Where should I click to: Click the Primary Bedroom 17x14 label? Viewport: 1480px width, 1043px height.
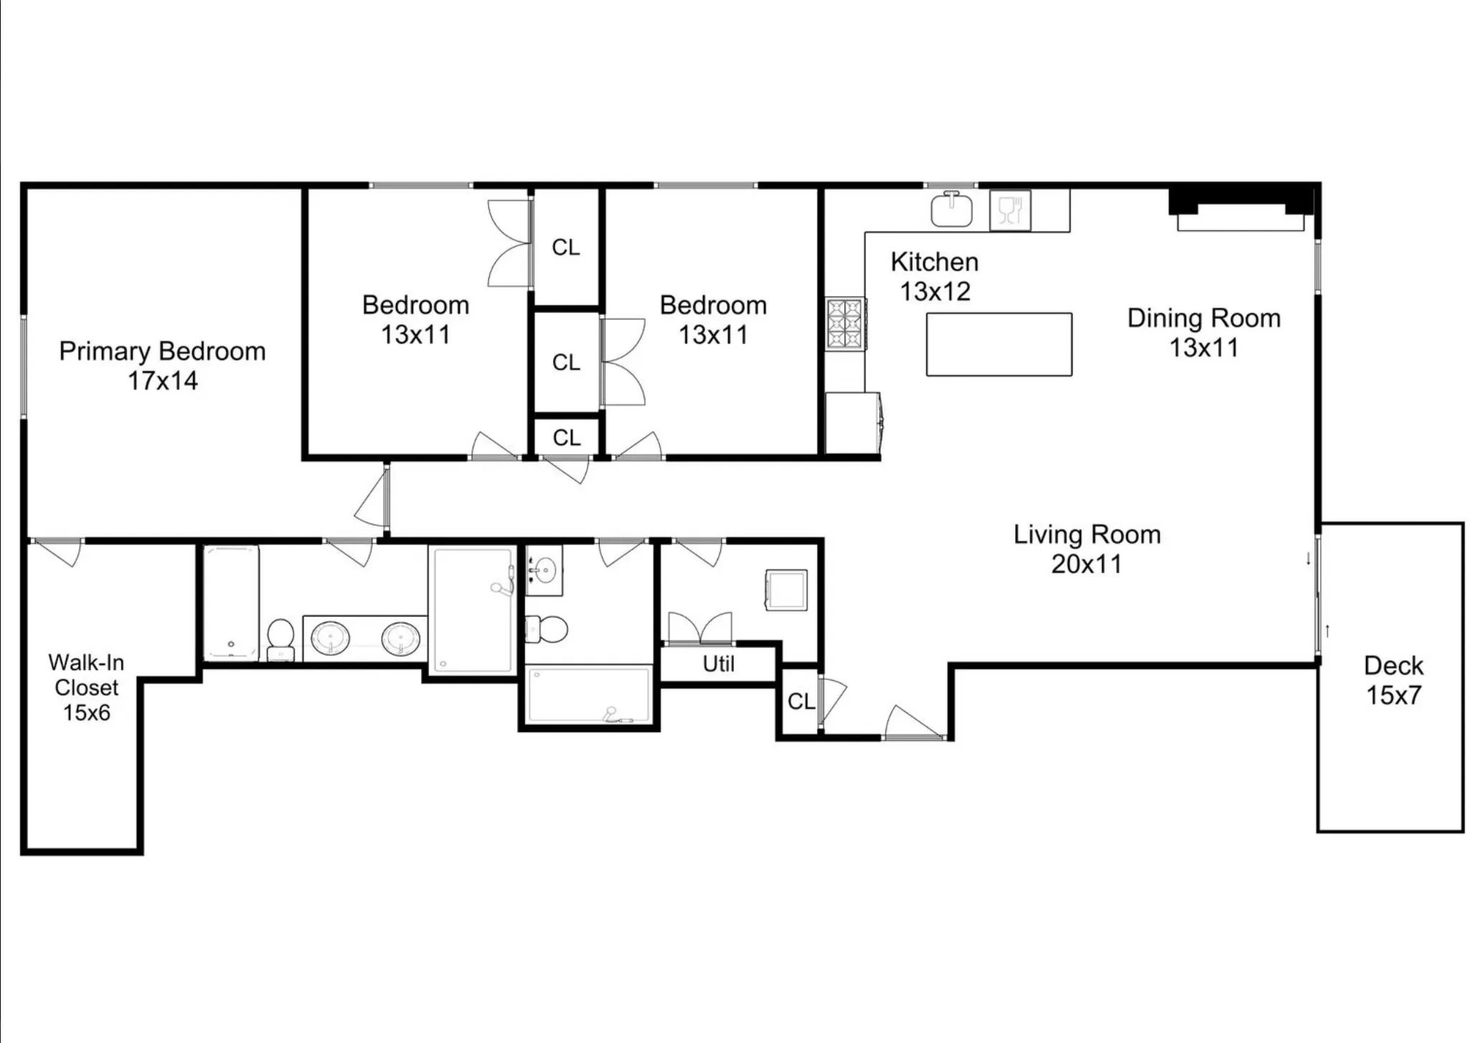coord(162,366)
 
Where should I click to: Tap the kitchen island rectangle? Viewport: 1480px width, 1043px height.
coord(999,344)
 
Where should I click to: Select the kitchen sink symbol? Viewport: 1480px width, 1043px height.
coord(951,209)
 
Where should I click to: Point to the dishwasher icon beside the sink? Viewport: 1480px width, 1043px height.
coord(1009,210)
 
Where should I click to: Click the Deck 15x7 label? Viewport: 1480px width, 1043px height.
coord(1392,680)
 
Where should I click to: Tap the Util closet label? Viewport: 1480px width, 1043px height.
coord(718,664)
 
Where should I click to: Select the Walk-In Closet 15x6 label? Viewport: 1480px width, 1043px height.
coord(86,687)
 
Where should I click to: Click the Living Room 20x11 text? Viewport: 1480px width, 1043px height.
coord(1086,549)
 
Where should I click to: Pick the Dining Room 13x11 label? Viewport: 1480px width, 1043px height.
coord(1203,333)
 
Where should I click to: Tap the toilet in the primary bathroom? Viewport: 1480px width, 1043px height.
coord(281,638)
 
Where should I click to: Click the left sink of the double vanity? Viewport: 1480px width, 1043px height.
coord(330,638)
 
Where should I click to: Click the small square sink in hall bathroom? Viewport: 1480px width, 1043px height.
coord(544,570)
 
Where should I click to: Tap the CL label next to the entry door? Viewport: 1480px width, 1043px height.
coord(801,702)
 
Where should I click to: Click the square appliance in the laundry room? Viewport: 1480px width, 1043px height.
coord(786,590)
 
